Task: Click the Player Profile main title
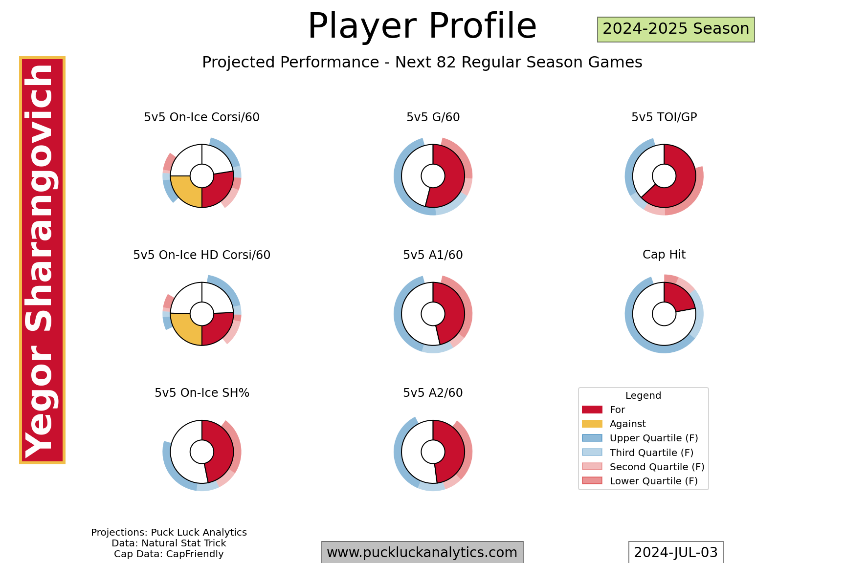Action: [x=422, y=26]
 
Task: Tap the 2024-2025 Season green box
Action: [x=676, y=29]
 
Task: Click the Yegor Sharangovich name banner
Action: [x=42, y=260]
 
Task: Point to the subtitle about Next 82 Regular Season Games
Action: [x=422, y=63]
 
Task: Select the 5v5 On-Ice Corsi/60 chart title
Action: [x=201, y=117]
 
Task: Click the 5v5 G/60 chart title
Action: [x=433, y=117]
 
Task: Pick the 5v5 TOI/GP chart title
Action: [x=664, y=117]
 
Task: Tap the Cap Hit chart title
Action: [x=664, y=255]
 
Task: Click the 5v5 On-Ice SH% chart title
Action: [x=201, y=393]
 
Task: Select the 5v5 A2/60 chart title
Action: [x=433, y=393]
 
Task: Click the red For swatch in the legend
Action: [x=592, y=410]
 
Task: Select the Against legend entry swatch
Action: [x=592, y=424]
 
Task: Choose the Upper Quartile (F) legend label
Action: [x=653, y=438]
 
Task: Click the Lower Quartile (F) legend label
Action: [x=653, y=481]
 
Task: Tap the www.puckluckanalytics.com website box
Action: [x=422, y=552]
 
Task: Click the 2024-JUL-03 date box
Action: [x=675, y=552]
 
